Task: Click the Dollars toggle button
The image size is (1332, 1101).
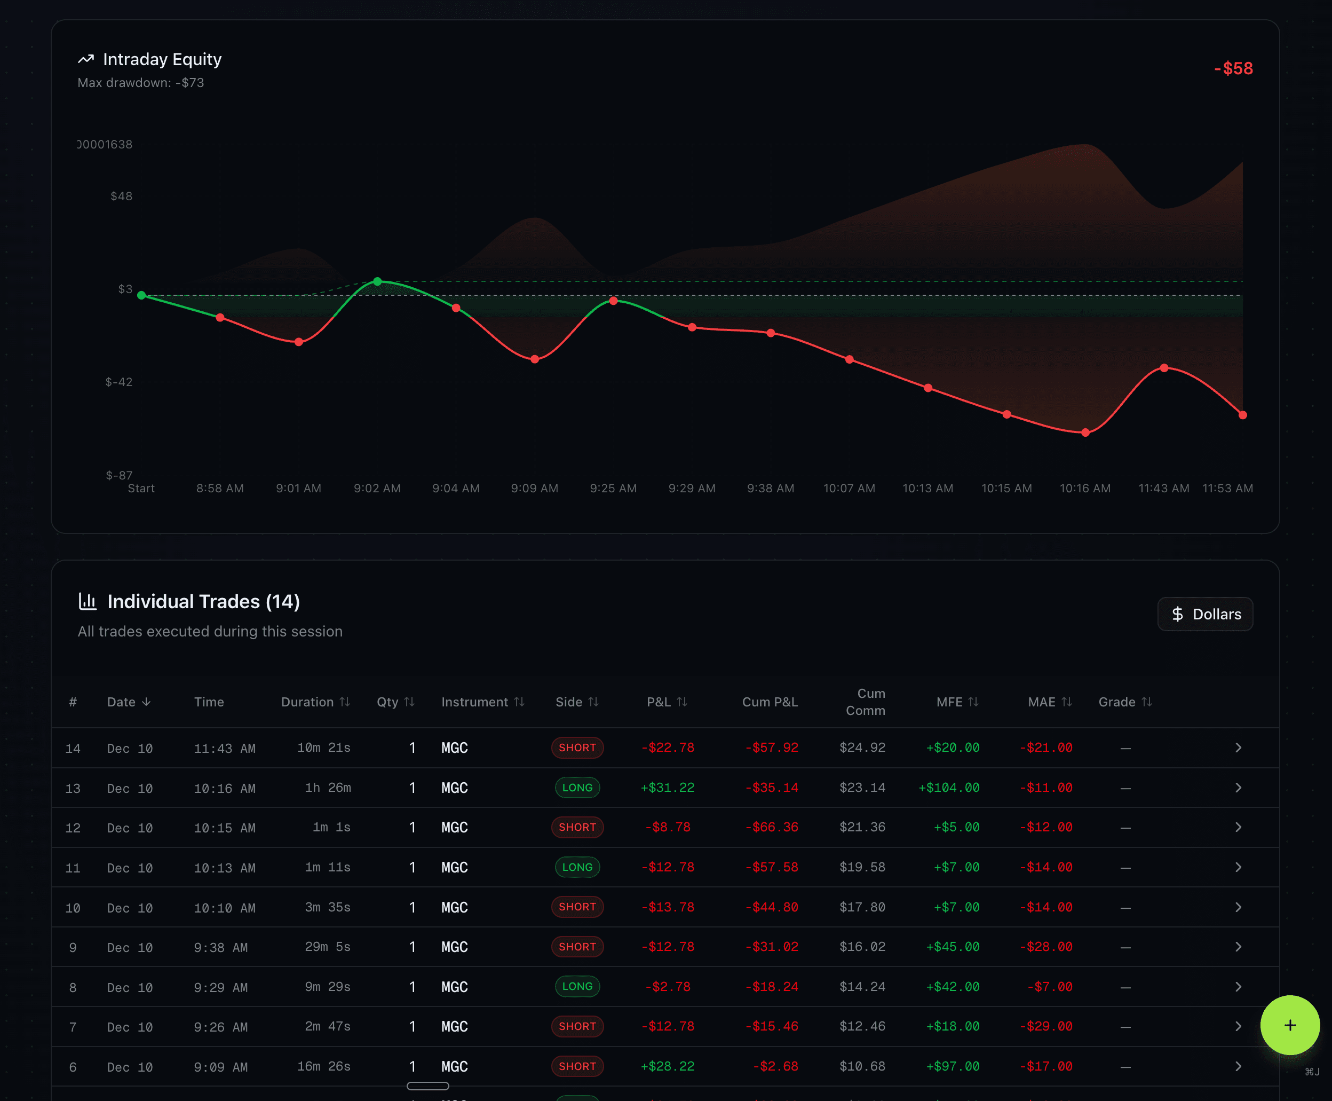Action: point(1204,614)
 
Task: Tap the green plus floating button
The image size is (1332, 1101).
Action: point(1289,1025)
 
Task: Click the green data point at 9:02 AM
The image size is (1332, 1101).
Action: point(377,281)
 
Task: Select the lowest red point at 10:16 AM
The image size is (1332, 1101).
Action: point(1085,432)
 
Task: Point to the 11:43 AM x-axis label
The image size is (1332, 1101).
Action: point(1163,489)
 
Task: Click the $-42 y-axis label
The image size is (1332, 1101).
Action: point(119,382)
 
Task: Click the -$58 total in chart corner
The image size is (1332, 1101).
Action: point(1233,68)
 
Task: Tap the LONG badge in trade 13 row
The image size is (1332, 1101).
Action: point(577,788)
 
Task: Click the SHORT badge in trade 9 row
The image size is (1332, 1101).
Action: point(577,947)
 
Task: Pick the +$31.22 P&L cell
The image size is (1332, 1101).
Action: point(668,788)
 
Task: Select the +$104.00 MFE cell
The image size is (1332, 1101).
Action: point(948,788)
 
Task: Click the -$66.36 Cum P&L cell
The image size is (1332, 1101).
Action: point(772,827)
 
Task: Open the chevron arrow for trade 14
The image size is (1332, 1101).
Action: point(1238,748)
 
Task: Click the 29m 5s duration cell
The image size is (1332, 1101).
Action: point(327,947)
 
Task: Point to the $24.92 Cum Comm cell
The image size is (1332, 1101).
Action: point(862,748)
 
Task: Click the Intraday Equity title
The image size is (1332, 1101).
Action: point(162,60)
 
